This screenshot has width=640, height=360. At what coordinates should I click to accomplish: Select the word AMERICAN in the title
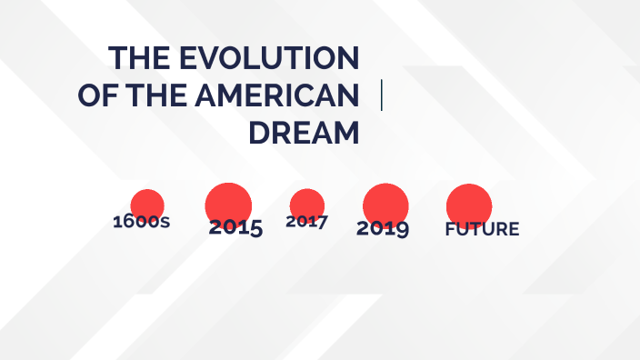tap(287, 95)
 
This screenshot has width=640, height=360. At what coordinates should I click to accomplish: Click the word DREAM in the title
tap(304, 133)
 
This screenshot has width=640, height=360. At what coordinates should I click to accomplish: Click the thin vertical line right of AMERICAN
tap(381, 95)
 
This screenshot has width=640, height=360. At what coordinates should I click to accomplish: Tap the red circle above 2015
tap(228, 202)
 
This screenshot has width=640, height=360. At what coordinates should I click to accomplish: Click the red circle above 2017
tap(307, 204)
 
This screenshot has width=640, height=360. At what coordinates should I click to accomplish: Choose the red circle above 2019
tap(385, 203)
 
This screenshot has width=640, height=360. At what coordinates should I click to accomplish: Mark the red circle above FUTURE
tap(469, 204)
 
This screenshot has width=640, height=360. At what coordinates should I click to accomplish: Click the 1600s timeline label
tap(141, 221)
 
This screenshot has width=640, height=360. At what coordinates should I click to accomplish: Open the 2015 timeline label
tap(235, 228)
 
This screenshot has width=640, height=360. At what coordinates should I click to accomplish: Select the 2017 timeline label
tap(306, 221)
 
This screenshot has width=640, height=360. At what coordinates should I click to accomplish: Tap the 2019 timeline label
tap(383, 228)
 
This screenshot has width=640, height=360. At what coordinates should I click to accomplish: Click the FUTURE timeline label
tap(482, 229)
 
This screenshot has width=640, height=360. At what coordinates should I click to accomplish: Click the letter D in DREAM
tap(259, 133)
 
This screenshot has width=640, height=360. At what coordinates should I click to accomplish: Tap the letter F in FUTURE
tap(450, 229)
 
